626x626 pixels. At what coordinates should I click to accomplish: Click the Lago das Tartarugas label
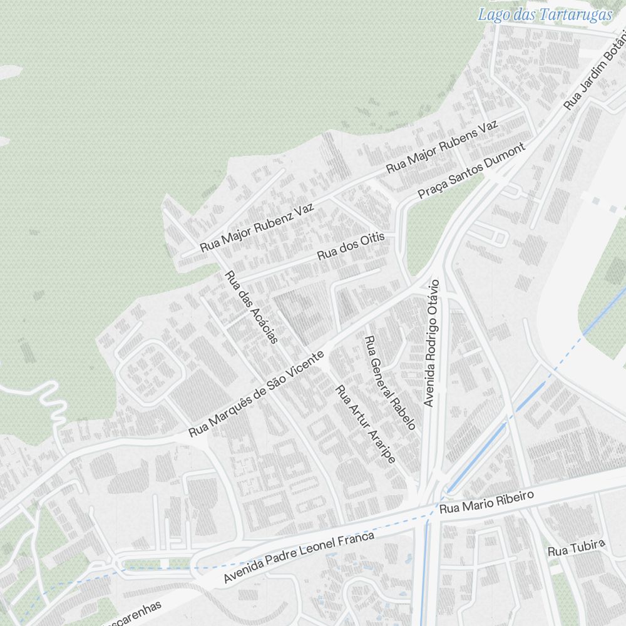pos(545,14)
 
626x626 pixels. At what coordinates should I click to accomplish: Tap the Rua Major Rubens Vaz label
pos(442,147)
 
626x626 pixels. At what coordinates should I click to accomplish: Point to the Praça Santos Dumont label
pos(470,171)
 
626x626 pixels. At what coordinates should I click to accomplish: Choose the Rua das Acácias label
pos(250,307)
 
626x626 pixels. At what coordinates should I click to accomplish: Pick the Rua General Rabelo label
pos(389,383)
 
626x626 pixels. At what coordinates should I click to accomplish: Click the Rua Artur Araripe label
pos(366,424)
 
